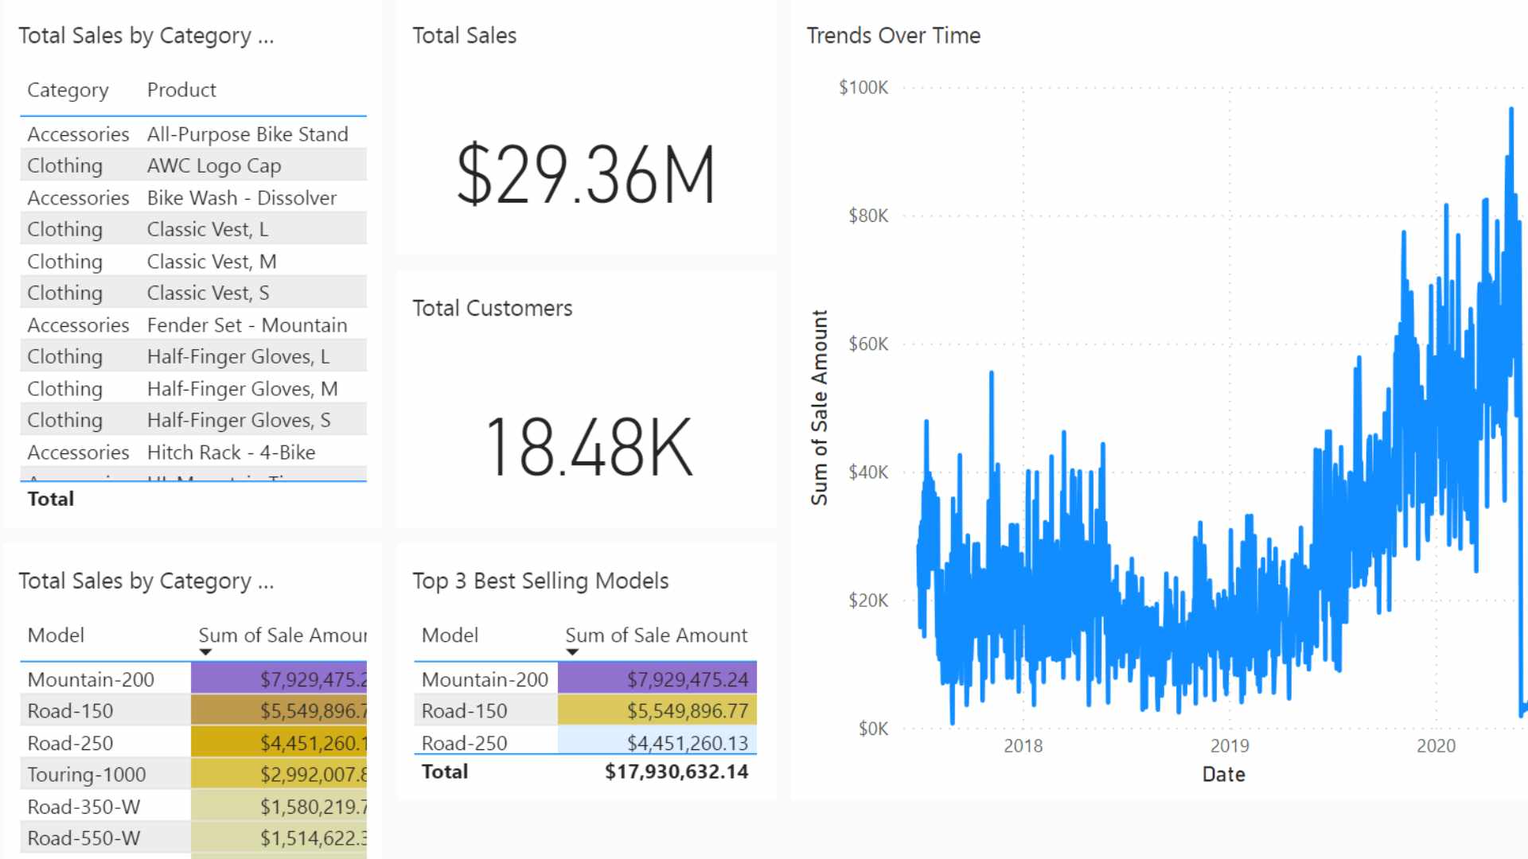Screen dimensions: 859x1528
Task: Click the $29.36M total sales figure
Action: point(586,175)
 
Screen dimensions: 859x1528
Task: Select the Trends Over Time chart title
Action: point(893,36)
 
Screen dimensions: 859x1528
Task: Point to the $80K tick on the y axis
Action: point(867,216)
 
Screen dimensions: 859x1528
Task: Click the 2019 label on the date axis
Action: point(1229,746)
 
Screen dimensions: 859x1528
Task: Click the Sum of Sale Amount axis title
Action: point(820,407)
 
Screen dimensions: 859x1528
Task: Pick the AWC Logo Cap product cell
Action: point(214,165)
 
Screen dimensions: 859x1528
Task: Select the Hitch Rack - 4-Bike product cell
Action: point(231,453)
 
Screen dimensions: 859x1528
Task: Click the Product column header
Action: point(181,90)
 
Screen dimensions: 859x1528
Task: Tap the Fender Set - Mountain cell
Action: point(247,325)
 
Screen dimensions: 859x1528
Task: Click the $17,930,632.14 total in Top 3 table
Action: point(676,772)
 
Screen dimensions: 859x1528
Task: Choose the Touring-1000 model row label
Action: point(87,775)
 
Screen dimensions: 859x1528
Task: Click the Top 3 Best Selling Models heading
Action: point(540,581)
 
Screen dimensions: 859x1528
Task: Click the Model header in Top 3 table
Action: point(450,636)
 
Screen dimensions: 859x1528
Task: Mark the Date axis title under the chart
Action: point(1223,775)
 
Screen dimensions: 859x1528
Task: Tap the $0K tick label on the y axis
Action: point(872,729)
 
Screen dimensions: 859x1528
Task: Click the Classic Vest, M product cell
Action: point(212,262)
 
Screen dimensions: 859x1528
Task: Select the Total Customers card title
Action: point(492,309)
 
